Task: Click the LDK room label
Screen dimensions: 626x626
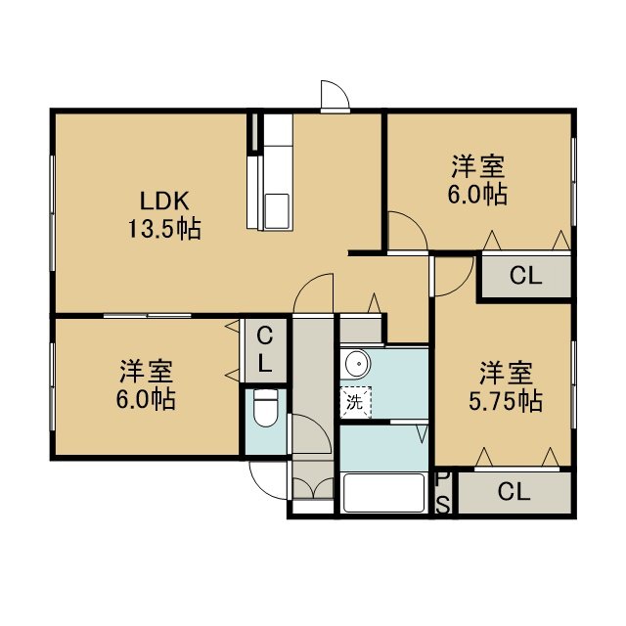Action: point(164,201)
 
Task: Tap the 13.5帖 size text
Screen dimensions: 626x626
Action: point(164,229)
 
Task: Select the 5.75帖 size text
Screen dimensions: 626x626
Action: point(506,401)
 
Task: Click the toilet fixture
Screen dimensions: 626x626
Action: point(265,407)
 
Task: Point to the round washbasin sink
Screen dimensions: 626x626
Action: point(357,364)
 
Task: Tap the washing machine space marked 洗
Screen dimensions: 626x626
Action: point(355,402)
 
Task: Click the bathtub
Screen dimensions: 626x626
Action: point(383,493)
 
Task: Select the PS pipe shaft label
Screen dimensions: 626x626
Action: point(442,493)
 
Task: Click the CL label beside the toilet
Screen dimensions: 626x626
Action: point(265,350)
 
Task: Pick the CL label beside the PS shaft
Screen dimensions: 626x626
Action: point(514,491)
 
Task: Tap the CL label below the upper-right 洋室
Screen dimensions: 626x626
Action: point(525,275)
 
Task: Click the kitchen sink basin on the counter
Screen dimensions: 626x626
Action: point(277,211)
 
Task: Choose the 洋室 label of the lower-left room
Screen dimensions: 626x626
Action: point(147,371)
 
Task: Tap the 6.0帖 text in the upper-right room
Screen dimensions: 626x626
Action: point(477,195)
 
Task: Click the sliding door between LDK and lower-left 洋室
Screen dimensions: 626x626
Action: point(148,316)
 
